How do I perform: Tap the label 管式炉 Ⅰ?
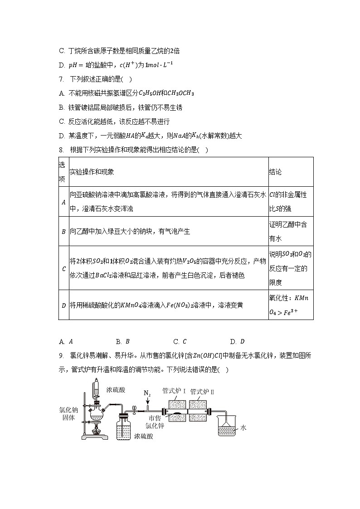174,390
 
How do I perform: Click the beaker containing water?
227,426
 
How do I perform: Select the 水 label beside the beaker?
243,427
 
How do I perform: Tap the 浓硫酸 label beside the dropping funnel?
116,389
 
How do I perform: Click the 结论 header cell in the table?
275,172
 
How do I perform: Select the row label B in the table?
63,231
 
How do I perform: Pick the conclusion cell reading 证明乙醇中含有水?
290,231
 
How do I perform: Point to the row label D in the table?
63,305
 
